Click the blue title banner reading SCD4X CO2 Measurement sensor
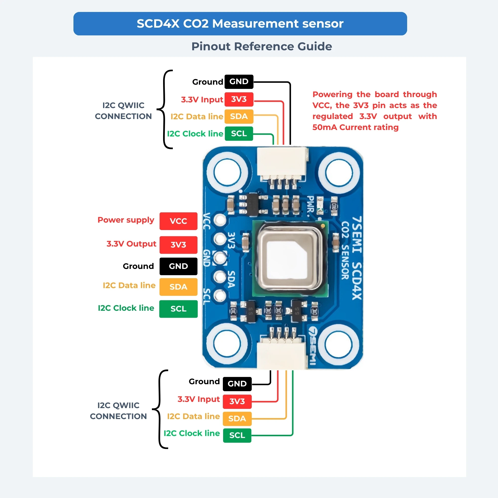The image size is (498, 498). pos(240,23)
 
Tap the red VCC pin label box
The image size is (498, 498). pos(178,221)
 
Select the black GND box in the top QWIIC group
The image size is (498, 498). pos(239,82)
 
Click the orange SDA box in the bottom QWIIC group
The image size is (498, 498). pos(237,418)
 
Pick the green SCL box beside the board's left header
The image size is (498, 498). pos(178,309)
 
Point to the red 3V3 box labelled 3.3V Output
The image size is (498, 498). pos(178,245)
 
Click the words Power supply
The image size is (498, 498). pos(126,220)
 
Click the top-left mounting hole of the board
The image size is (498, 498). pos(227,172)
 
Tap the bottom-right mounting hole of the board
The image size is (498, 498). pos(339,345)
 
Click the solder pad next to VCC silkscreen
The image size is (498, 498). pos(220,220)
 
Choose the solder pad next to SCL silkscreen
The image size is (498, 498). pos(220,295)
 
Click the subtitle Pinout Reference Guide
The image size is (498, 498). pos(262,46)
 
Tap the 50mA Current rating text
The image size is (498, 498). pos(356,127)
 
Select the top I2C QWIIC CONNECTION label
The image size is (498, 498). pos(123,111)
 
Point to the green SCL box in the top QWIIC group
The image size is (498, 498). pos(239,133)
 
